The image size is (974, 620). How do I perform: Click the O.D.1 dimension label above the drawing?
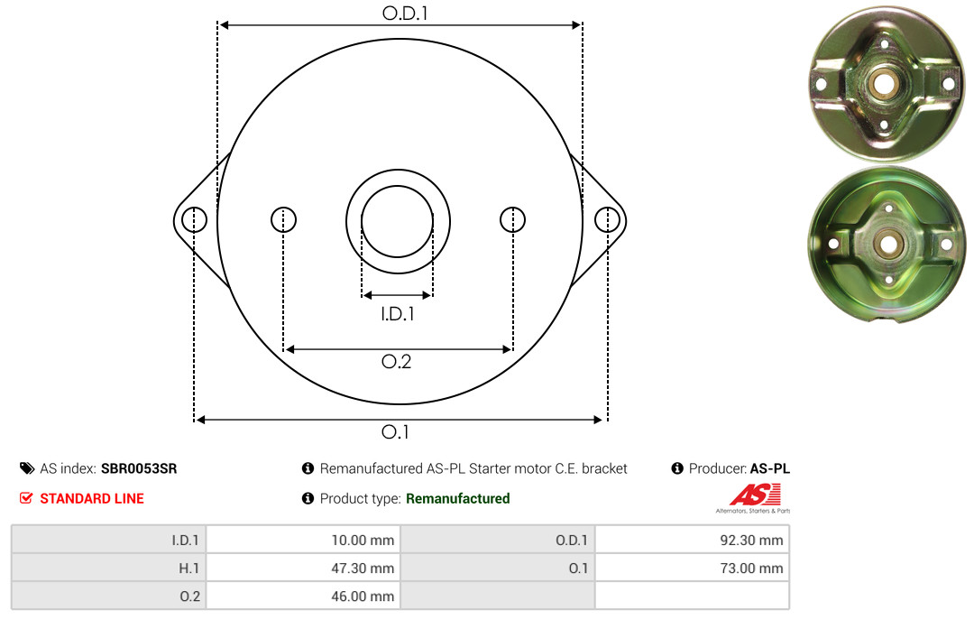[x=405, y=13]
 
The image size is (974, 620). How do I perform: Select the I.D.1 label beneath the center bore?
[x=398, y=314]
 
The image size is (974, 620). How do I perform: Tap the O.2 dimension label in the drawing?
[x=396, y=361]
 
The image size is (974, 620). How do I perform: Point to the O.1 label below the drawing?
[x=395, y=431]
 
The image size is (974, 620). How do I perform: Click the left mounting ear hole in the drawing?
[x=195, y=219]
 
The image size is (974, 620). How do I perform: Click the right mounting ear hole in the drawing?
[x=607, y=219]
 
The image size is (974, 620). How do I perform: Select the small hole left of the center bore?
[x=284, y=219]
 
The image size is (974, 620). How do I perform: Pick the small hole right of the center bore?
[x=512, y=219]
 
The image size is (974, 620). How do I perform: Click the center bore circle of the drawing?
[x=397, y=186]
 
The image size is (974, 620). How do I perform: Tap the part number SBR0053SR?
[x=139, y=468]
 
